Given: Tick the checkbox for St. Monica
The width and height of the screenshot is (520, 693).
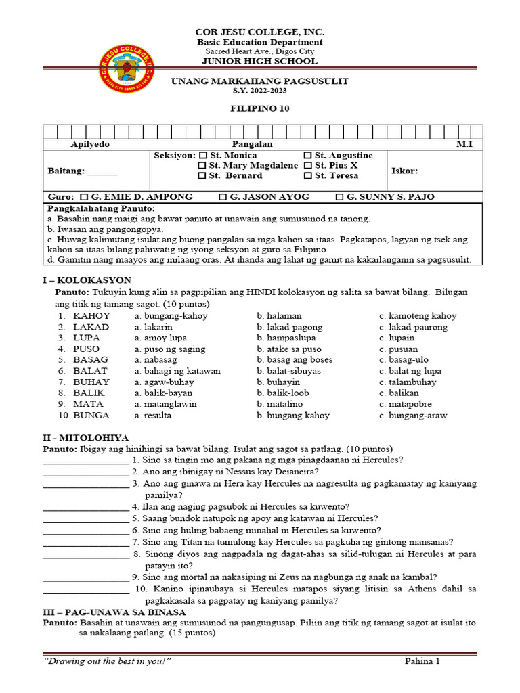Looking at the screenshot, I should [202, 156].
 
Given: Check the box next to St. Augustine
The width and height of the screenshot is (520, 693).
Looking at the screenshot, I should [308, 156].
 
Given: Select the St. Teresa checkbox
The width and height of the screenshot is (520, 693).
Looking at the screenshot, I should [308, 176].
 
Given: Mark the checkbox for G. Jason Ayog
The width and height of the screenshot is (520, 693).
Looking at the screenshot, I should [223, 197].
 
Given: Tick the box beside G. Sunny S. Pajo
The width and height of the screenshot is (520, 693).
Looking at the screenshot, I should [340, 197].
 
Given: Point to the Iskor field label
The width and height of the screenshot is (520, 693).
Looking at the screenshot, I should [405, 171].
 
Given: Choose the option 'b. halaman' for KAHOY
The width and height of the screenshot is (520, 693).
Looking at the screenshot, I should [279, 316].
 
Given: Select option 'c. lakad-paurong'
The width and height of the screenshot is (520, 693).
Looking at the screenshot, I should [413, 327].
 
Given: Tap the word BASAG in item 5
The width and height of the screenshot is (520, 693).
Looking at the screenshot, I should [91, 360].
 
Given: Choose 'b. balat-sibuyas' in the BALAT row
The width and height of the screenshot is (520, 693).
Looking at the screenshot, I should [288, 371].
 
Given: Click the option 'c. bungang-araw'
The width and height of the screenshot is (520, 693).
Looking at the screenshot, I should [413, 416].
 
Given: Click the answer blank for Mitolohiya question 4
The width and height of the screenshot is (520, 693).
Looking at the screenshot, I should [85, 506].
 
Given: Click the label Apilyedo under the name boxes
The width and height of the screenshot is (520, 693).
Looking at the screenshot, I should [90, 145].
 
